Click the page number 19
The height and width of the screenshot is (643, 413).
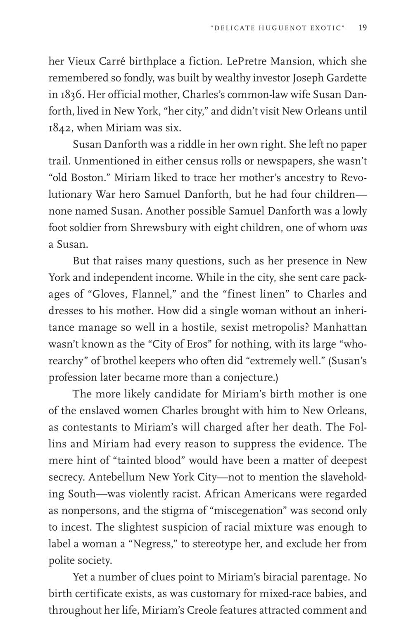(x=363, y=28)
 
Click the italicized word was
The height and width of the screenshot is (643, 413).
(x=358, y=228)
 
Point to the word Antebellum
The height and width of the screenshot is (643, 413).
(x=116, y=477)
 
